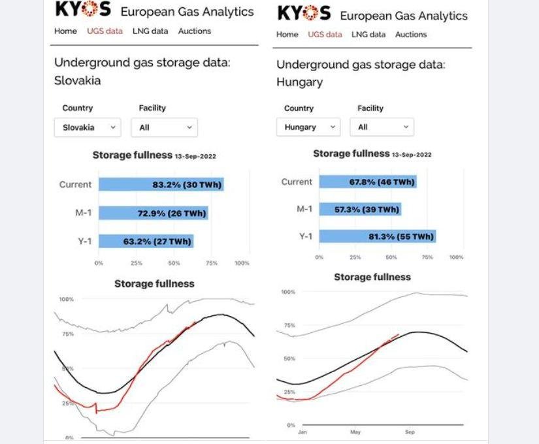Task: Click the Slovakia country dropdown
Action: point(87,127)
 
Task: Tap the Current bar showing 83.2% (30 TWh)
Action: point(161,185)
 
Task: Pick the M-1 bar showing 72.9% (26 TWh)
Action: point(153,214)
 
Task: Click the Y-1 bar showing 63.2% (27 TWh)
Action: point(146,242)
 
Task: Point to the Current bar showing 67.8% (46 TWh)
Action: point(368,182)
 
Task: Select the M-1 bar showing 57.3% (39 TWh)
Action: point(360,210)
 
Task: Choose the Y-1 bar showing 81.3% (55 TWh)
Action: point(378,236)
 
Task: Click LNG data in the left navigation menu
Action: point(150,31)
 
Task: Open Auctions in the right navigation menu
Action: point(411,34)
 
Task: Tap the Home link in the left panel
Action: point(65,31)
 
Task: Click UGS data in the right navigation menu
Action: point(325,34)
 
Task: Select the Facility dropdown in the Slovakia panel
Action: point(164,127)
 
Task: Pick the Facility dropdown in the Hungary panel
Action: point(382,127)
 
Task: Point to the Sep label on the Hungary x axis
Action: point(410,432)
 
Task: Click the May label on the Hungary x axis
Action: point(355,432)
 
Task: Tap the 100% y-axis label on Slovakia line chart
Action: point(67,299)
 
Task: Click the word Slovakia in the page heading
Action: point(77,81)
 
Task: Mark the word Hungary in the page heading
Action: point(299,82)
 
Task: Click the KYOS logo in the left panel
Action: point(83,10)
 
